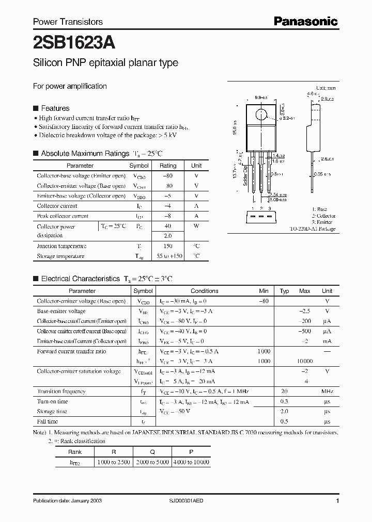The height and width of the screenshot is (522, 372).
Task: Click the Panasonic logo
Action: point(305,21)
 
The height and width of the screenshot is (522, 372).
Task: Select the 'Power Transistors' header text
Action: point(68,22)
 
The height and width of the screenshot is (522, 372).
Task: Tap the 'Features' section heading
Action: point(55,108)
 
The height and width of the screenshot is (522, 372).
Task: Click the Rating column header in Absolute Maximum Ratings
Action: point(167,166)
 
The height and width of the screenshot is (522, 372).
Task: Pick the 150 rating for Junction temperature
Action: point(167,246)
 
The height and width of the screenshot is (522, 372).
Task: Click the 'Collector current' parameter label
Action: point(57,206)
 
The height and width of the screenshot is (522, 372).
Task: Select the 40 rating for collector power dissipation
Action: point(167,226)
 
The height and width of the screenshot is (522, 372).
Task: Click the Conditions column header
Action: point(205,291)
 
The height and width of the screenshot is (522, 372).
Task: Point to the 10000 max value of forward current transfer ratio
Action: point(305,361)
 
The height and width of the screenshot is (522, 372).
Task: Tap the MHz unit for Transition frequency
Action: point(327,391)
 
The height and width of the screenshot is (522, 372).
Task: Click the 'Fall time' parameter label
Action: point(48,421)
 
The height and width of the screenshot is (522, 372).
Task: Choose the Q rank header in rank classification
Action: point(152,451)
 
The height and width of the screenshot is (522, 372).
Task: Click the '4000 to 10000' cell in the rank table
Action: point(192,463)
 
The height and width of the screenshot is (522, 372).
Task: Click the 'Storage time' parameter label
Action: point(52,412)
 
